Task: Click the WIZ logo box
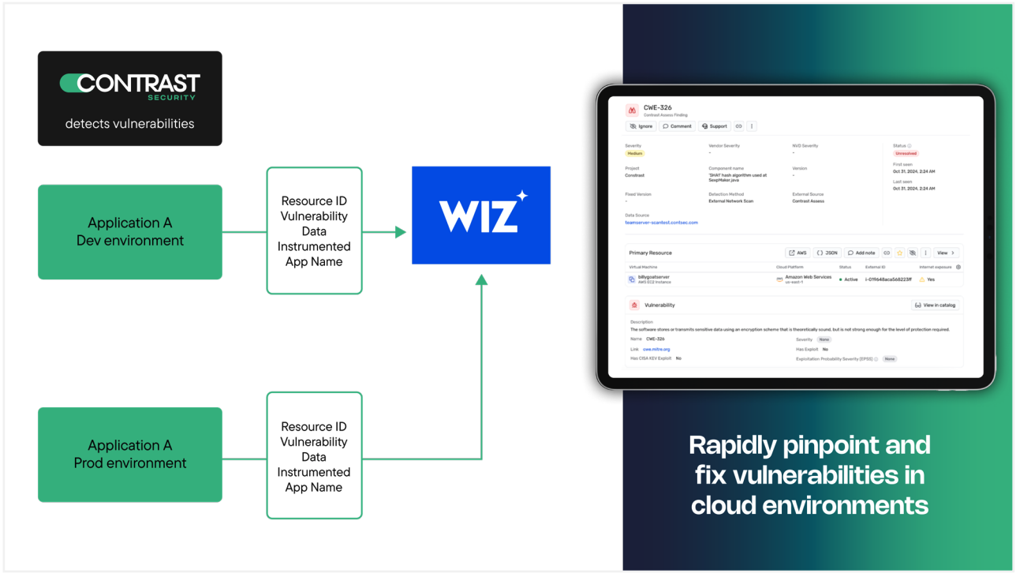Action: click(480, 215)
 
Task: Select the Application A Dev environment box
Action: click(130, 232)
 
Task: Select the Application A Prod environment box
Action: click(130, 455)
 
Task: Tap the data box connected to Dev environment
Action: click(314, 230)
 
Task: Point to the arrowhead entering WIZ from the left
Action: click(401, 232)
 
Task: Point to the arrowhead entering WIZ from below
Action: click(481, 279)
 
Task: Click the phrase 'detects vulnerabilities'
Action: click(129, 124)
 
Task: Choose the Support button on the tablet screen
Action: click(715, 126)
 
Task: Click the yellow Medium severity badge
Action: click(635, 154)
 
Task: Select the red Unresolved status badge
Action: click(906, 154)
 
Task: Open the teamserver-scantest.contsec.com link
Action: click(661, 223)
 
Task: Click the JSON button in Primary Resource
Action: click(827, 253)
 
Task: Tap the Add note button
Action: click(861, 253)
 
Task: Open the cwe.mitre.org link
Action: click(656, 349)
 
